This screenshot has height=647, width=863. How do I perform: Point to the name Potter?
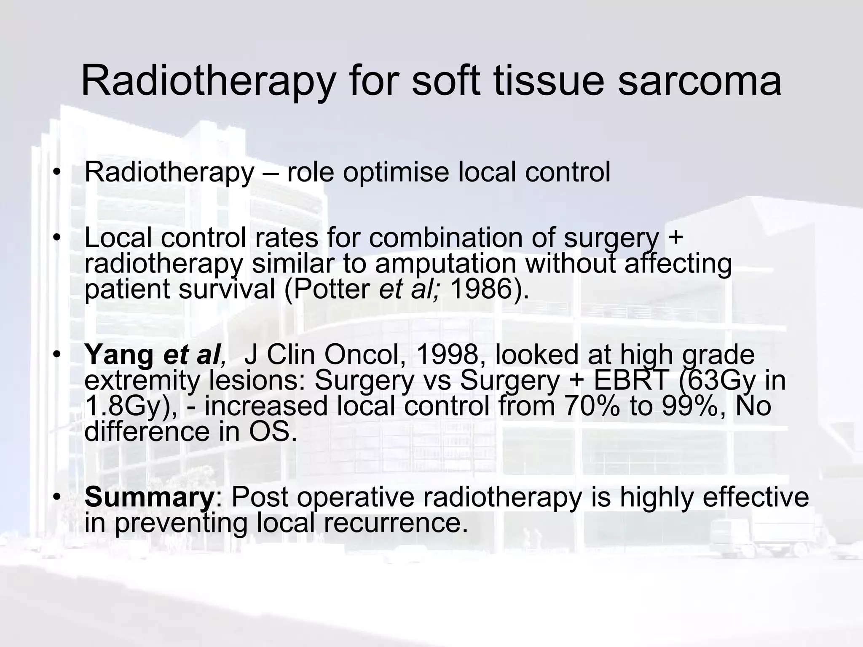332,289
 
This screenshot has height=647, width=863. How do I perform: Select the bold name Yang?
119,354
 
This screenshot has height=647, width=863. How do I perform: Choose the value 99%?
694,406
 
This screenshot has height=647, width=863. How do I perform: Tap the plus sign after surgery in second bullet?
675,238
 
